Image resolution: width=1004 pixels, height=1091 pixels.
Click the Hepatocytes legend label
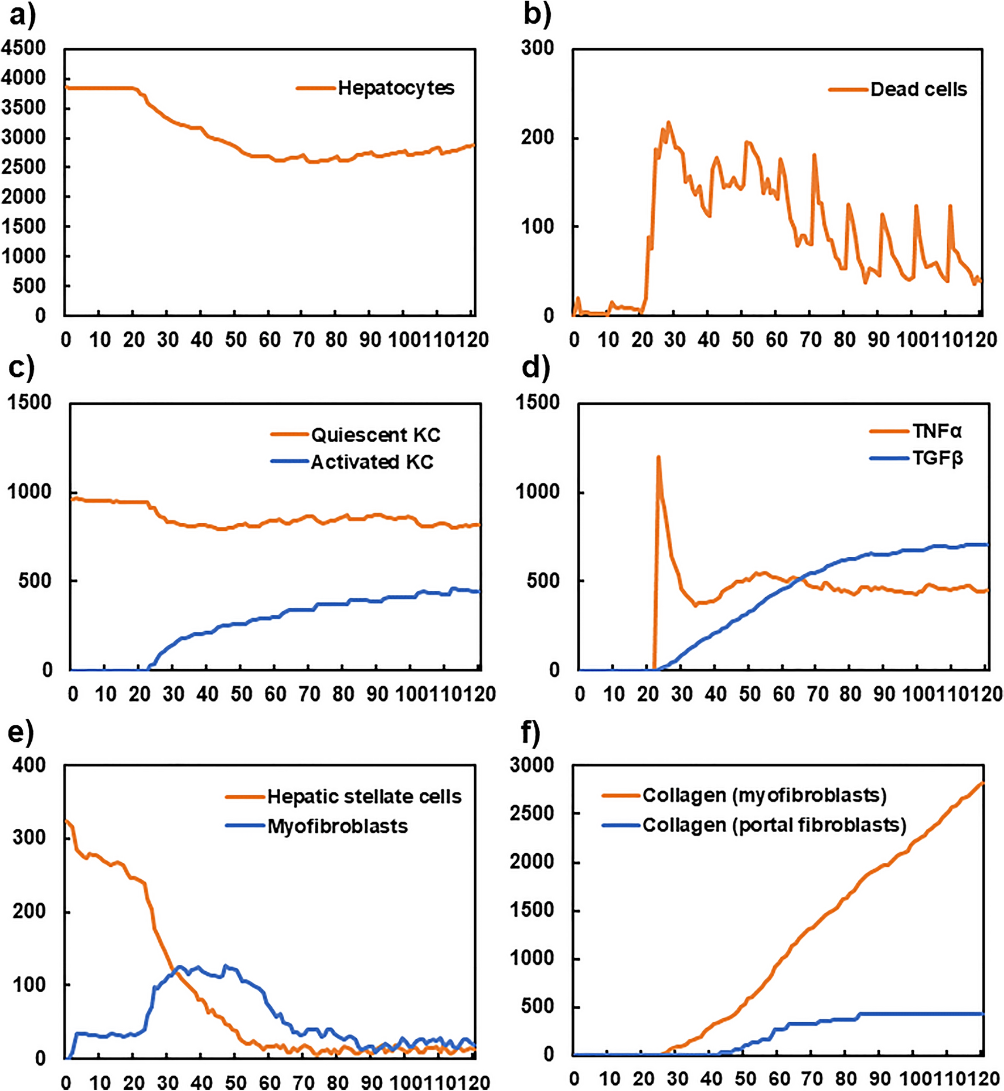(396, 88)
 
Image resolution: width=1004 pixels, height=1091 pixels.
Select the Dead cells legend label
(918, 89)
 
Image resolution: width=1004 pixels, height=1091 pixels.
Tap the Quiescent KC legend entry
(376, 435)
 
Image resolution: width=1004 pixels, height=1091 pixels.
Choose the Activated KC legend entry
(372, 462)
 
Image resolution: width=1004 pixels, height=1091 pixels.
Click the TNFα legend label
(936, 431)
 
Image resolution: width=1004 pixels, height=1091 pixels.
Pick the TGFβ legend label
(937, 458)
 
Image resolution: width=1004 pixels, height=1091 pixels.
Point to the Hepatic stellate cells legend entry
(364, 796)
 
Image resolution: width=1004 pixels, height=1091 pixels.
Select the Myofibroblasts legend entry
(338, 826)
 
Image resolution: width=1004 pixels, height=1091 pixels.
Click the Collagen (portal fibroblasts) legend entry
(774, 825)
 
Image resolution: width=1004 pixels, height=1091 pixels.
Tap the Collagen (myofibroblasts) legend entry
(764, 795)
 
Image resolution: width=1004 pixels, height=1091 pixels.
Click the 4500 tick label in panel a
(23, 48)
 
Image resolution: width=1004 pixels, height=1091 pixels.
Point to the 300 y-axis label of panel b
(537, 48)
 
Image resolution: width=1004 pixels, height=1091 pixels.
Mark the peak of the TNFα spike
(659, 457)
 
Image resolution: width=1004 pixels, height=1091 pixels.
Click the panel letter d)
(535, 368)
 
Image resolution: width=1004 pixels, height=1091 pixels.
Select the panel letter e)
(21, 732)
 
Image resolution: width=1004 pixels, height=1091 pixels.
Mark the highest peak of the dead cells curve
(669, 122)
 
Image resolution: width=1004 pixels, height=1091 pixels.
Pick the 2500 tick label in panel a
(23, 167)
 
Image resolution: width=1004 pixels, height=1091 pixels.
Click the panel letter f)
(530, 732)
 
